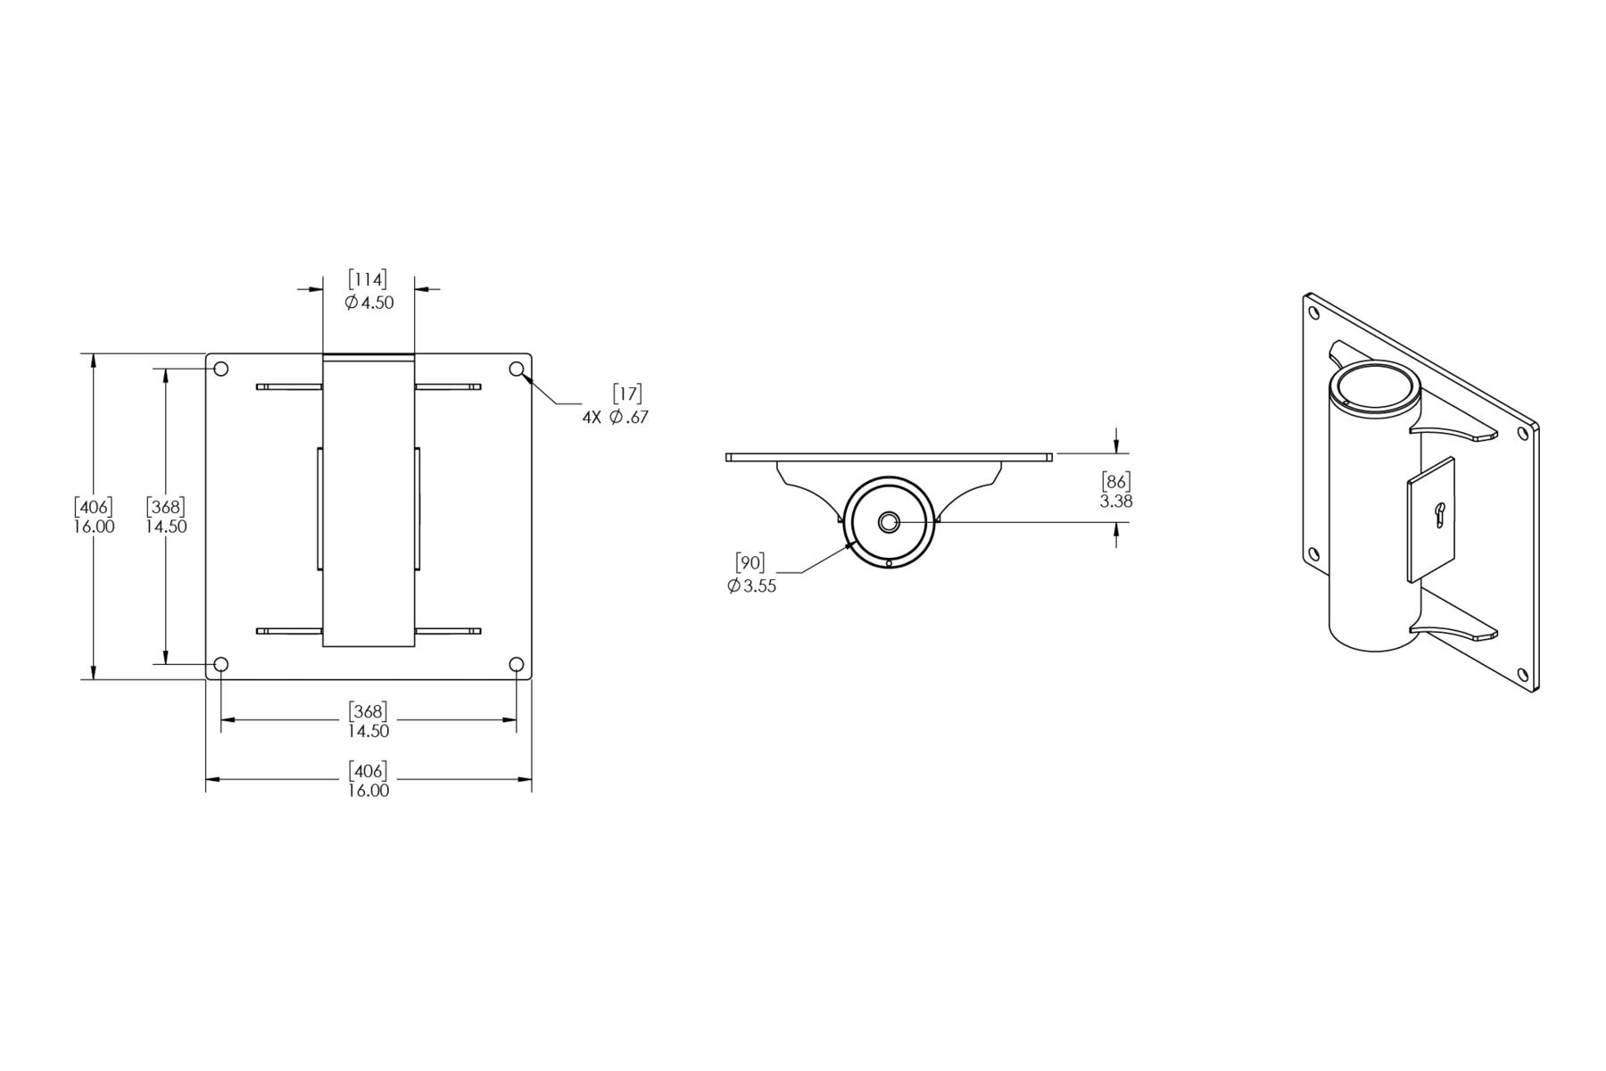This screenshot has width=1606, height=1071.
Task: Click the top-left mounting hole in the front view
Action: [222, 369]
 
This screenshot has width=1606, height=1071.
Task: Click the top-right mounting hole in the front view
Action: [517, 369]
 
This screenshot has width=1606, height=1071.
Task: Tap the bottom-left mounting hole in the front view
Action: [222, 664]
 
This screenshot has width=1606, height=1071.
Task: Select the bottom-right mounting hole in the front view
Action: [517, 664]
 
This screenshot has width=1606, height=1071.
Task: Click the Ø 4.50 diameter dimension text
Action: [368, 303]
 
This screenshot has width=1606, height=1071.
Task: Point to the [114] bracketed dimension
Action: [368, 280]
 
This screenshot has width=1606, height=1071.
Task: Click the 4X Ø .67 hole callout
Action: [616, 417]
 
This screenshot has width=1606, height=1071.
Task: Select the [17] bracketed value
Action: [627, 394]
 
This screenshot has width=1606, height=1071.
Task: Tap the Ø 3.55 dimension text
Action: [751, 586]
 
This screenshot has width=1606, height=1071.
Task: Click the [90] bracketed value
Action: [749, 563]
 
